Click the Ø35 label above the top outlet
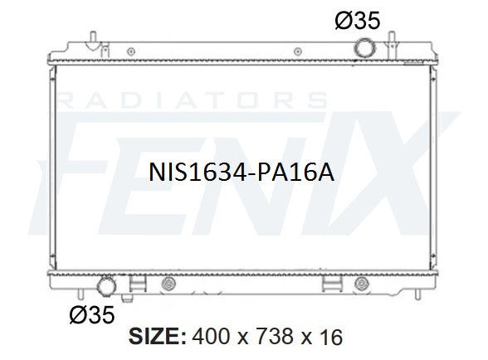[x=358, y=21]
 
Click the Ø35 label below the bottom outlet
[x=92, y=315]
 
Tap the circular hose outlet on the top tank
[x=365, y=48]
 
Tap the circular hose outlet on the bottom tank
[x=106, y=286]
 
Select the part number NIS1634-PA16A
[x=242, y=173]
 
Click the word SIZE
[x=158, y=336]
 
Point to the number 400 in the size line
[x=212, y=336]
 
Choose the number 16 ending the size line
[x=330, y=336]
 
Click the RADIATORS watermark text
[x=193, y=100]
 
